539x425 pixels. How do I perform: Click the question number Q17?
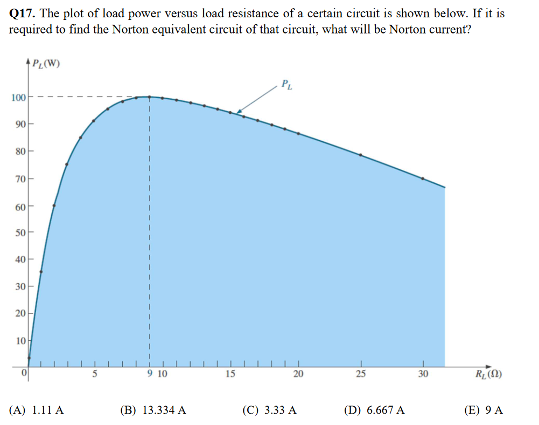(x=22, y=13)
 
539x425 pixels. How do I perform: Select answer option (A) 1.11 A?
(x=37, y=410)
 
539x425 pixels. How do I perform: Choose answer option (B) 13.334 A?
(x=153, y=410)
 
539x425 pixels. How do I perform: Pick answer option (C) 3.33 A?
(x=269, y=410)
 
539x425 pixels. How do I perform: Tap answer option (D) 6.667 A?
(x=374, y=410)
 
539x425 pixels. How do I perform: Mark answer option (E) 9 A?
(x=483, y=410)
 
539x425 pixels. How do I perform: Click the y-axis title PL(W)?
(x=46, y=64)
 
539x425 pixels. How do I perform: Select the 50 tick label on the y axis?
(x=20, y=232)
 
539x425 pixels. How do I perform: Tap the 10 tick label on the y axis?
(x=20, y=340)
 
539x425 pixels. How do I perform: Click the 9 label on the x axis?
(x=150, y=374)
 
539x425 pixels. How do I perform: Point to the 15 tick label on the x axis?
(x=230, y=374)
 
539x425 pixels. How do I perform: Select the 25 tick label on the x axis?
(x=361, y=374)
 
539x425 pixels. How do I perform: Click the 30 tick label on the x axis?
(x=423, y=374)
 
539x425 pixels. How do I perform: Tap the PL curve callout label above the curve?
(x=286, y=85)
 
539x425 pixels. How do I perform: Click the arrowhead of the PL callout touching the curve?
(x=239, y=112)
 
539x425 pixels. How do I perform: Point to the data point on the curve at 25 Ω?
(x=361, y=155)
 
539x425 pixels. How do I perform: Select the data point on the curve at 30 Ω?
(x=423, y=178)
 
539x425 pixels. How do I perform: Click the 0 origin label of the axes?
(x=24, y=373)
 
